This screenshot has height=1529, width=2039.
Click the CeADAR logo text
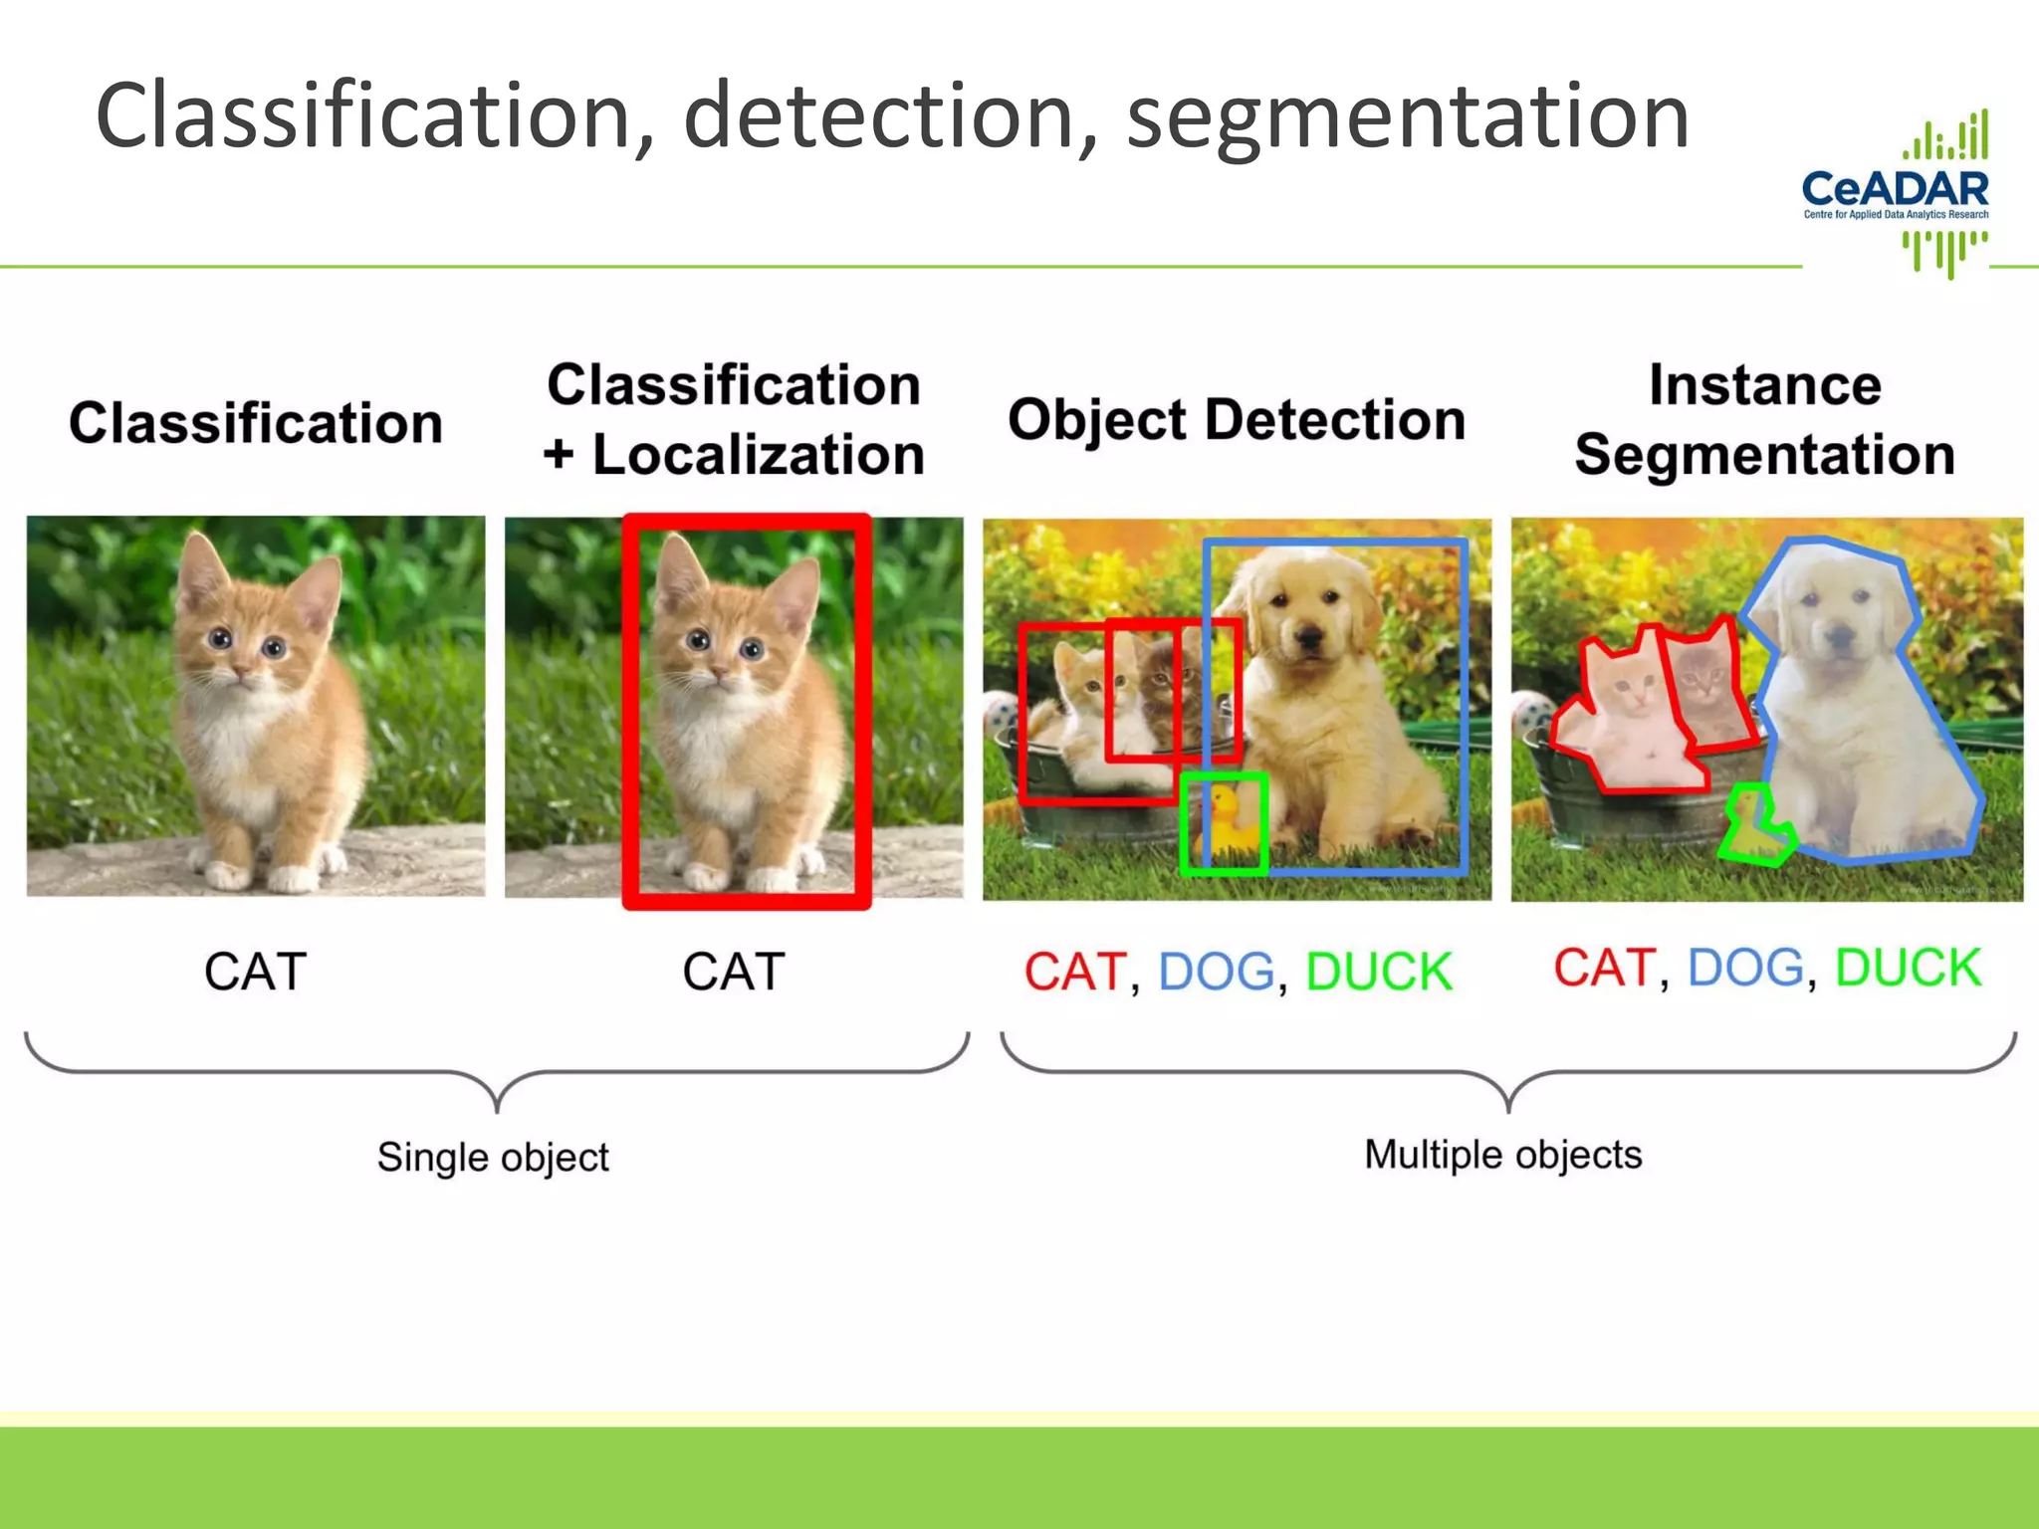pos(1895,188)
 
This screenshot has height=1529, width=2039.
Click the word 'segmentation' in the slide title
pos(1408,117)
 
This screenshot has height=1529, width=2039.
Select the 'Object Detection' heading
pos(1237,419)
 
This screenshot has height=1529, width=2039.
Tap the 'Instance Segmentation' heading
pos(1764,419)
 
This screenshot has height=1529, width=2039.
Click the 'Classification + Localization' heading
pos(734,419)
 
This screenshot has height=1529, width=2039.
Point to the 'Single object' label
pos(493,1157)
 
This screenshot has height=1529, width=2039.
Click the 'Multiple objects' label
pos(1502,1155)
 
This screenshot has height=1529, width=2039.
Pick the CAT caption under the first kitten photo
pos(256,972)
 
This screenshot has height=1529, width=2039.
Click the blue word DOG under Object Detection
pos(1217,972)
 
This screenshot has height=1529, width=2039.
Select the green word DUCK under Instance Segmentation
pos(1908,968)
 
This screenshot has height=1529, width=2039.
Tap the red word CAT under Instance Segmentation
pos(1605,968)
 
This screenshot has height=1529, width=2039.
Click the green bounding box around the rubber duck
pos(1225,824)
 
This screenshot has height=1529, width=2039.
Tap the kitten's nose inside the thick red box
pos(716,678)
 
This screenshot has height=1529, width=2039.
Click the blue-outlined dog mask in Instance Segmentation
pos(1852,717)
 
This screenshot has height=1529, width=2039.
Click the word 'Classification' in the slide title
pos(363,117)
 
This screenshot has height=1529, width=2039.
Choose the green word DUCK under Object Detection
pos(1378,972)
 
